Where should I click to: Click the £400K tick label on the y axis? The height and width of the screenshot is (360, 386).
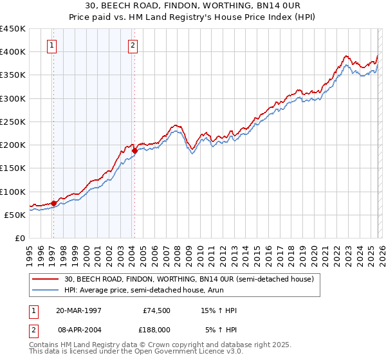[x=13, y=52]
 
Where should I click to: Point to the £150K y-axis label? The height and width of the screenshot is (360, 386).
[x=13, y=168]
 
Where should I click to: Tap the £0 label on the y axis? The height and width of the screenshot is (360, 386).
[x=19, y=239]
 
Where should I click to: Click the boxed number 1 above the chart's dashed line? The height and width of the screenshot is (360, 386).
[x=51, y=45]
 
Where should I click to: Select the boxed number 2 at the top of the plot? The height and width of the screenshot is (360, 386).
[x=133, y=45]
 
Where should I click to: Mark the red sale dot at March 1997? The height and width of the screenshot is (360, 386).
[x=54, y=203]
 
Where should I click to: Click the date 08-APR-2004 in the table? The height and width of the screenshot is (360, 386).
[x=79, y=329]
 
